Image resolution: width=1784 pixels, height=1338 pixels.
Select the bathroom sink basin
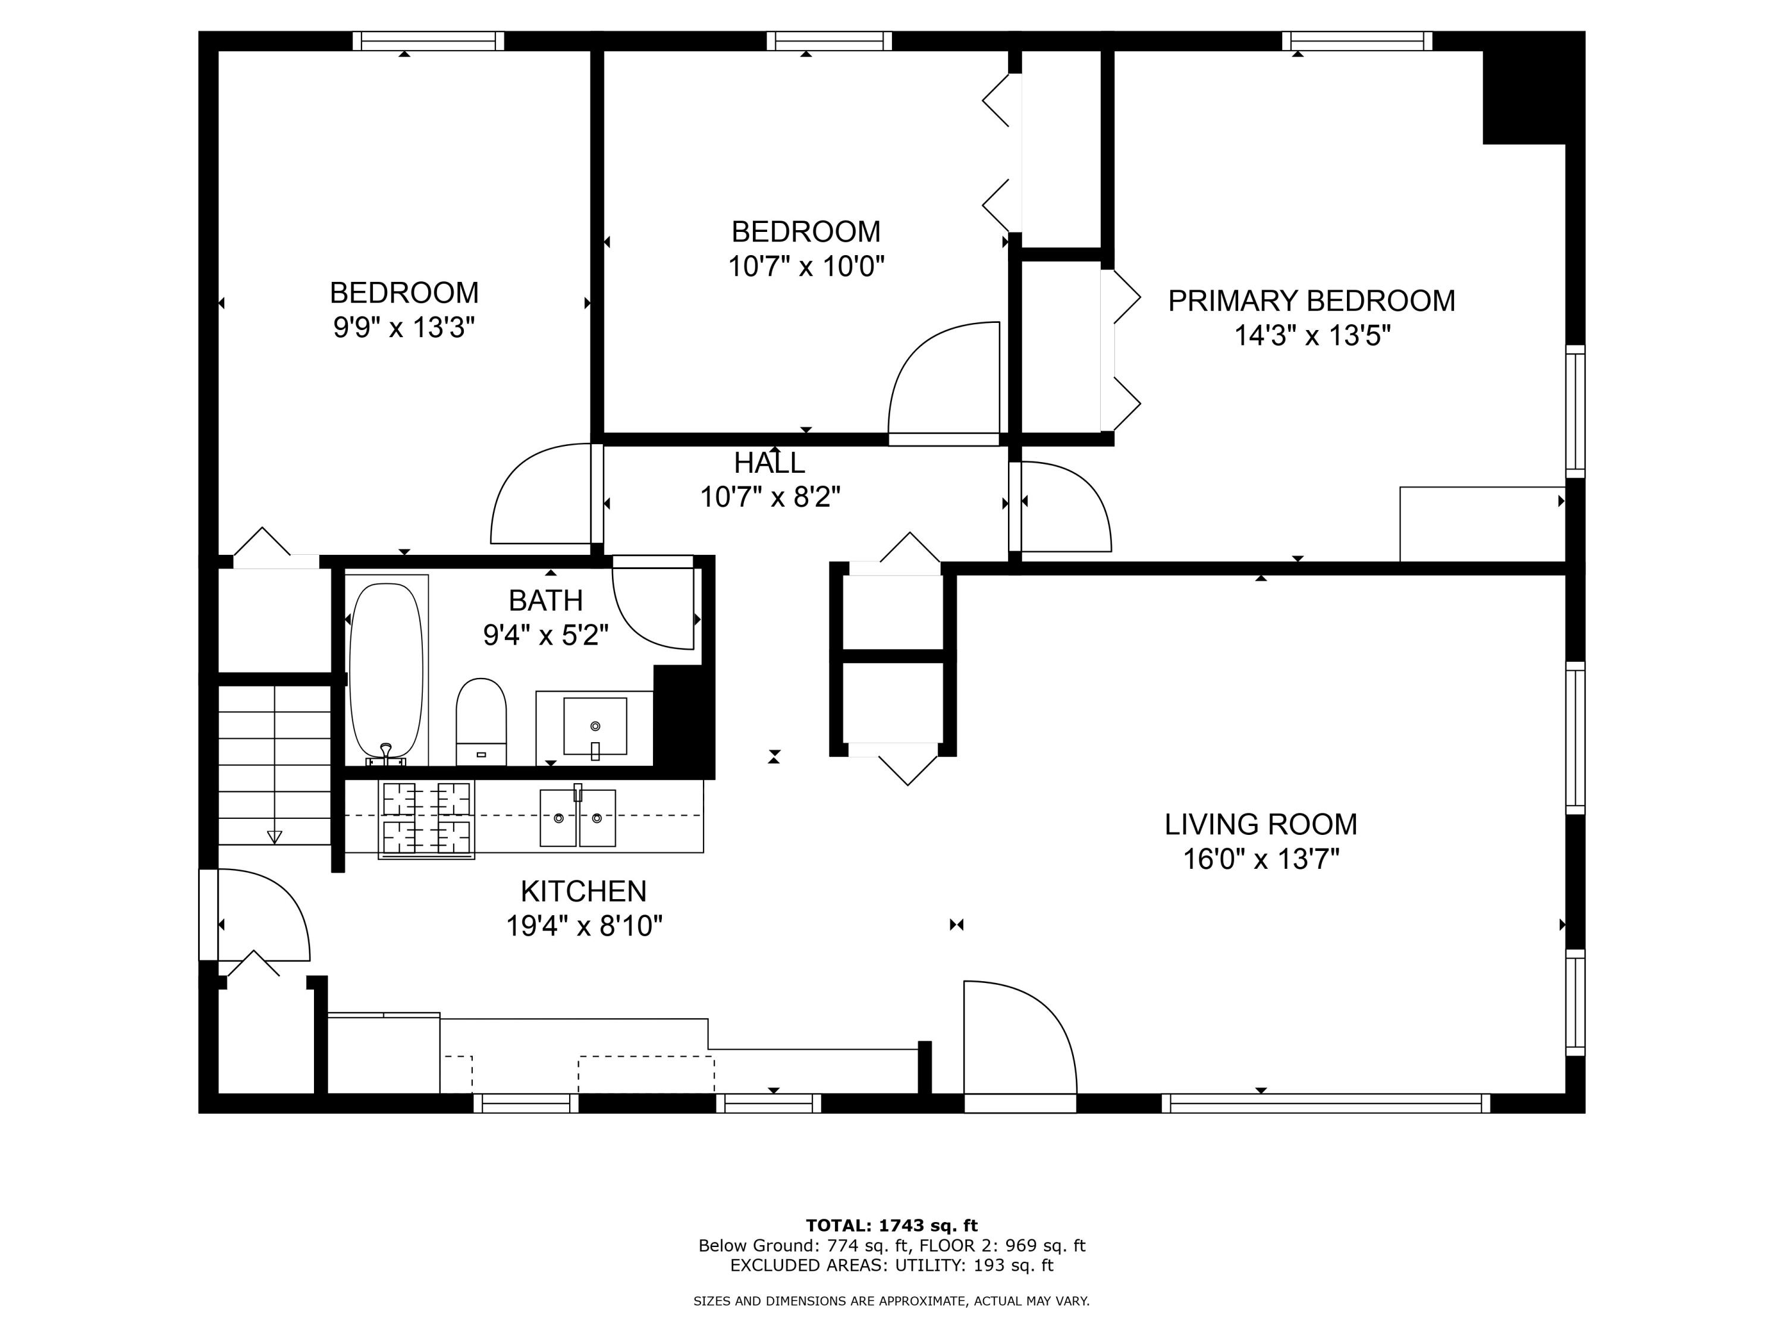595,727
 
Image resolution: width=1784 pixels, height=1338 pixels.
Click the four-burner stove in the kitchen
426,819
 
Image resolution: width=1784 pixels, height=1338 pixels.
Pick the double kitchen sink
577,817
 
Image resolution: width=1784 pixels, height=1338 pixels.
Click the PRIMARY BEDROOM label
1311,301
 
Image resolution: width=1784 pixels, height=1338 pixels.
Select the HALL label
769,463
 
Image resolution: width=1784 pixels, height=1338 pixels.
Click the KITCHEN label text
584,891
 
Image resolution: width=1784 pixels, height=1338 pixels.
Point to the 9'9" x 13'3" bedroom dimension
404,328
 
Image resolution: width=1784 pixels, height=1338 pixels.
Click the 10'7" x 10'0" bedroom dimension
806,266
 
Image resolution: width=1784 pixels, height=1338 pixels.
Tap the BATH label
545,601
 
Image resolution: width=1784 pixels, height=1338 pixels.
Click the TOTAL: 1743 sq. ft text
891,1226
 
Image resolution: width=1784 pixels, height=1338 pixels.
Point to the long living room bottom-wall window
1326,1103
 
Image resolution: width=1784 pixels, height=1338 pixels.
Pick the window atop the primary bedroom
1358,41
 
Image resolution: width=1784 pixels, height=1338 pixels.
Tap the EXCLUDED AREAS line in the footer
891,1265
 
